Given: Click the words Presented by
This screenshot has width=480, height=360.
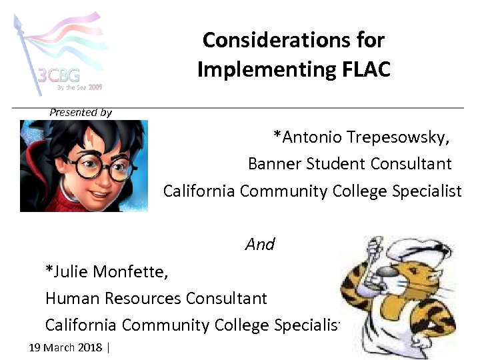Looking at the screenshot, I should tap(81, 113).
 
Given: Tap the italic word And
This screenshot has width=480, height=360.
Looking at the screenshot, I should tap(260, 245).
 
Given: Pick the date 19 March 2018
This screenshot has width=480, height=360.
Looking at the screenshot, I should tap(66, 347).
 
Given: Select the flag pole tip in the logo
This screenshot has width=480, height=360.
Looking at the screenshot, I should tap(17, 22).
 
